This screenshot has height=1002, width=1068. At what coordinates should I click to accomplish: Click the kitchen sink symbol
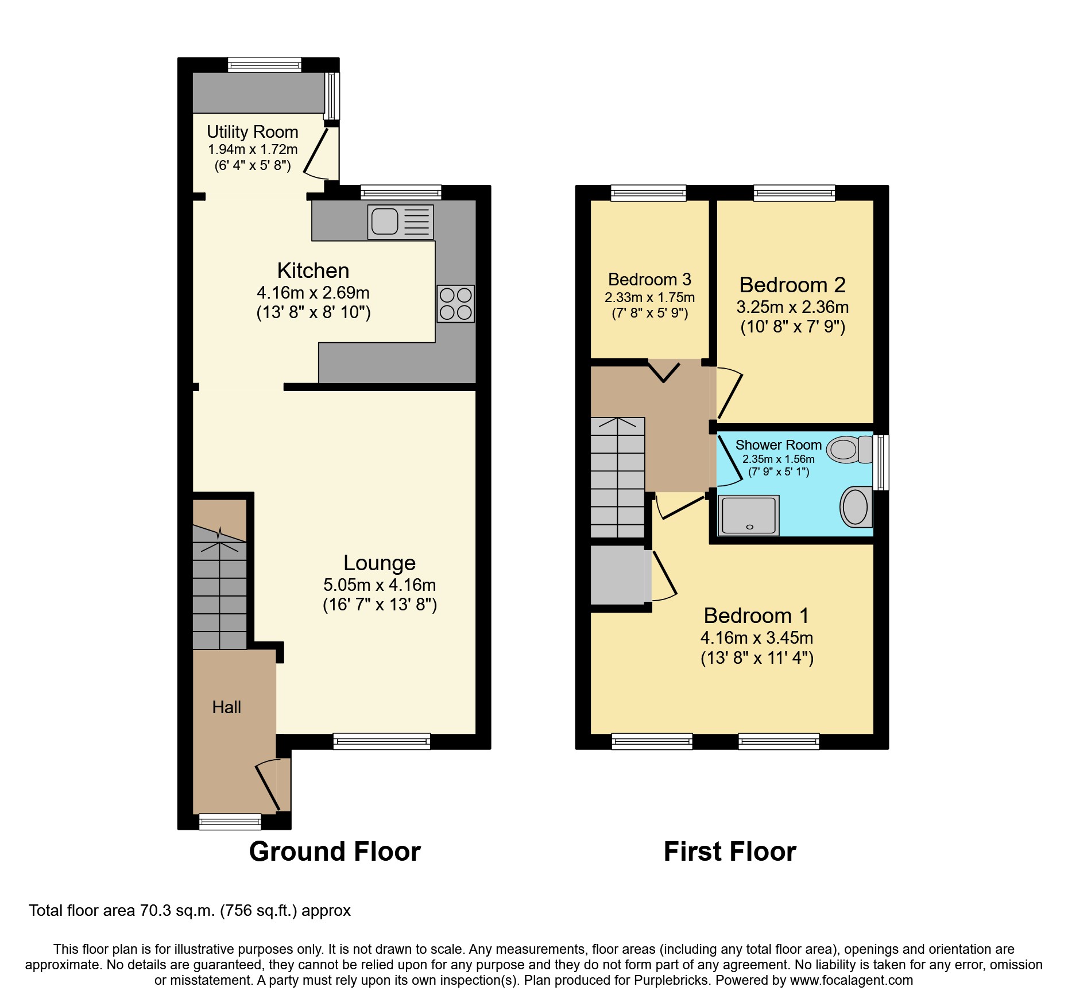pyautogui.click(x=400, y=222)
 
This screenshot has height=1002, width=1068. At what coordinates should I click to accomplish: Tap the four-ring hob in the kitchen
pyautogui.click(x=455, y=304)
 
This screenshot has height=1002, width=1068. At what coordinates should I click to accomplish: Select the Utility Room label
pyautogui.click(x=253, y=132)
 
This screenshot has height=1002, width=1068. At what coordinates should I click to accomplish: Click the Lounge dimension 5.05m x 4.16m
pyautogui.click(x=380, y=585)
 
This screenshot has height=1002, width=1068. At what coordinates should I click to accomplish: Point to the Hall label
pyautogui.click(x=226, y=707)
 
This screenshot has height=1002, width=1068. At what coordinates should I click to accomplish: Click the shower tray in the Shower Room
pyautogui.click(x=749, y=515)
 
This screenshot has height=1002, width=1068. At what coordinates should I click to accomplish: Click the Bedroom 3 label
pyautogui.click(x=649, y=280)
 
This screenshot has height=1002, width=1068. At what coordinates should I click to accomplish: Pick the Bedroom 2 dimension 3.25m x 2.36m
pyautogui.click(x=792, y=307)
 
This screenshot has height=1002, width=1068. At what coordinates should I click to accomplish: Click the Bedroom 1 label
pyautogui.click(x=756, y=616)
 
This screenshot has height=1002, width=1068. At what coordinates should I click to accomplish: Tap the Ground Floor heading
pyautogui.click(x=335, y=852)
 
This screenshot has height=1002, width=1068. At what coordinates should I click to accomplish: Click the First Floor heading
pyautogui.click(x=730, y=852)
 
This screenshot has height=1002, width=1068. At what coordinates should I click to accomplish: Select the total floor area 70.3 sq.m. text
pyautogui.click(x=189, y=911)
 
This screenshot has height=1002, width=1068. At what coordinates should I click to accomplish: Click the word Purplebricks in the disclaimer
pyautogui.click(x=671, y=980)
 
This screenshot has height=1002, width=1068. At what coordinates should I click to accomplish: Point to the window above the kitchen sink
pyautogui.click(x=401, y=192)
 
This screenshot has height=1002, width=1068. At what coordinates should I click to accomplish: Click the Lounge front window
pyautogui.click(x=382, y=741)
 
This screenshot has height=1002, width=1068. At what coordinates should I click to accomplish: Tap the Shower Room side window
pyautogui.click(x=881, y=462)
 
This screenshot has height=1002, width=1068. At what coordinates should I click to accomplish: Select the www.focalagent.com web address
pyautogui.click(x=851, y=980)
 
